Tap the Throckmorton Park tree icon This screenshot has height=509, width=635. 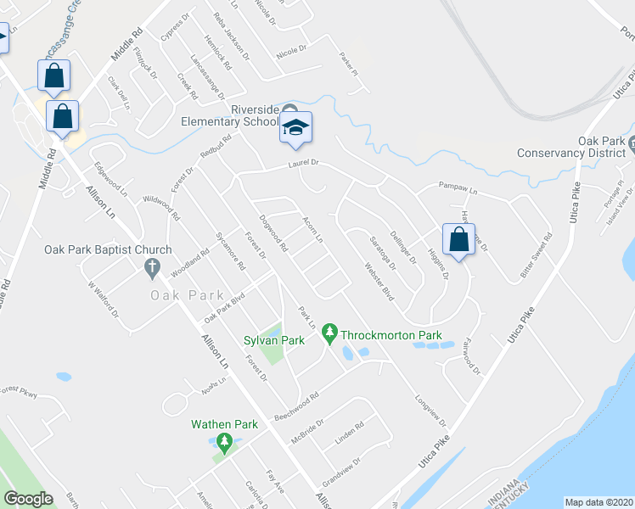pos(331,336)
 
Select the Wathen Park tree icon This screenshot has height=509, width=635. pos(224,441)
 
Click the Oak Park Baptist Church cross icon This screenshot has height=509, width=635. pos(152,269)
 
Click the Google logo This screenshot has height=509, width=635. pos(28,499)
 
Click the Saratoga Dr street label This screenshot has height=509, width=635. pos(380,253)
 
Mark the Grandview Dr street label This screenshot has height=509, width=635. pos(343,467)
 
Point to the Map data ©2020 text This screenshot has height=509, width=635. pos(598,502)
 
